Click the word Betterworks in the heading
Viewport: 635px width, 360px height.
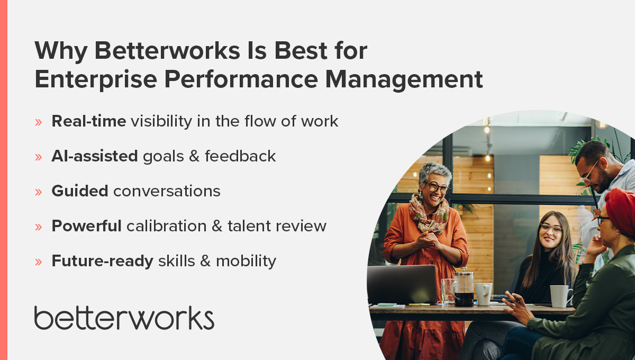click(x=149, y=51)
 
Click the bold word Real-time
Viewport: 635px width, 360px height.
click(x=88, y=121)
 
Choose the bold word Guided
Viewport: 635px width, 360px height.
click(x=79, y=191)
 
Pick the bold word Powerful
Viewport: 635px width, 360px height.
click(x=86, y=226)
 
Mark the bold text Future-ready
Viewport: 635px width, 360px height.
click(x=102, y=261)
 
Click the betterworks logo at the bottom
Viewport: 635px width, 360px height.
click(x=124, y=318)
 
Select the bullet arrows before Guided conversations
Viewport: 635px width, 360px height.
click(x=38, y=192)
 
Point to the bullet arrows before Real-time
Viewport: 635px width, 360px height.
click(x=38, y=122)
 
